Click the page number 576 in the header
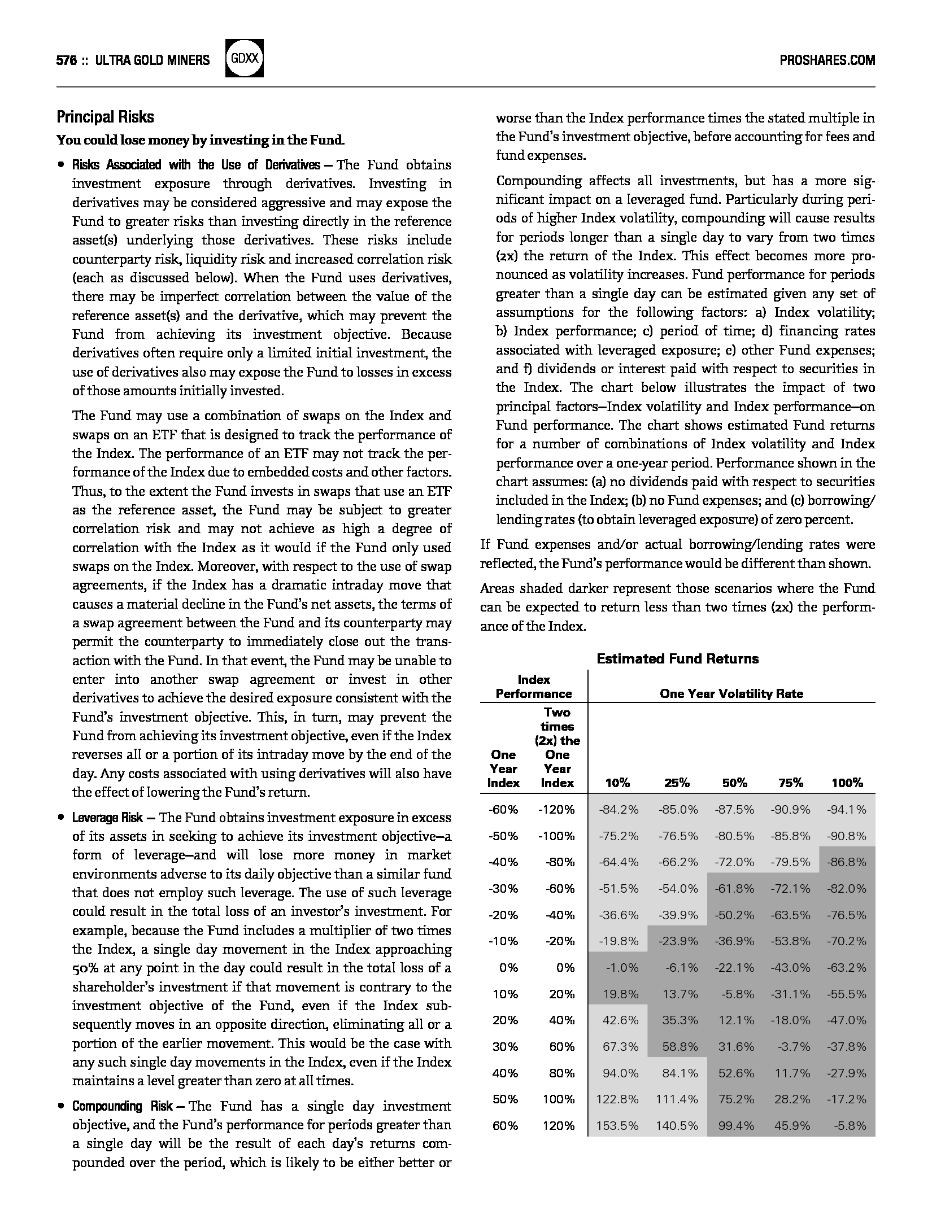click(x=66, y=60)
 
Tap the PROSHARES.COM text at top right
click(x=827, y=60)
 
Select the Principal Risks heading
click(x=105, y=117)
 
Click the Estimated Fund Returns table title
click(x=677, y=658)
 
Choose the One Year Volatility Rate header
click(x=731, y=693)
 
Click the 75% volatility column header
click(x=790, y=783)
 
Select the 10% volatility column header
click(x=617, y=783)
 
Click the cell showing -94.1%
click(x=847, y=810)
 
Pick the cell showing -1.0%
click(x=621, y=968)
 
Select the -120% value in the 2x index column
click(x=556, y=810)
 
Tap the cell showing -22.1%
click(x=734, y=968)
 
